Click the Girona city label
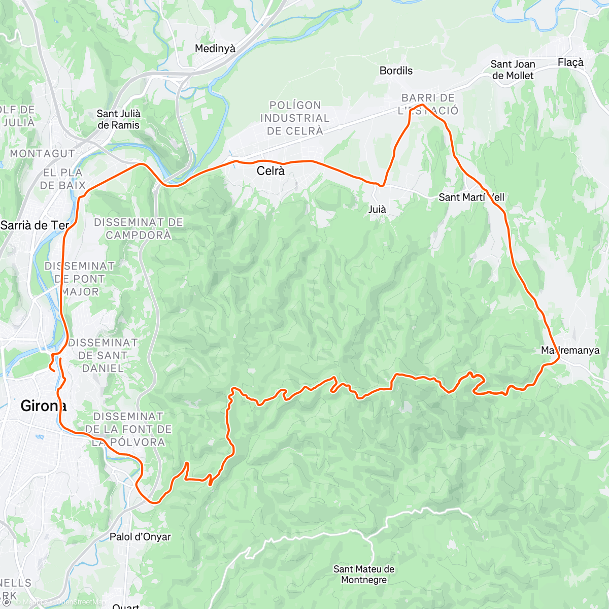click(43, 406)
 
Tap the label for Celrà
click(270, 171)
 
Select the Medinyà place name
click(215, 49)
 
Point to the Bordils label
click(396, 71)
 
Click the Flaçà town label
click(570, 62)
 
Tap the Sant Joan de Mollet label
click(513, 70)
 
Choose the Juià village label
click(377, 209)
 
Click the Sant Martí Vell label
click(471, 197)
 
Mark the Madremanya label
click(570, 350)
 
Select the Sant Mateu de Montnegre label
click(364, 574)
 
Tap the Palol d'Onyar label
click(140, 537)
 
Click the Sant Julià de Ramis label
click(118, 119)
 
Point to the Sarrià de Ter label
click(35, 225)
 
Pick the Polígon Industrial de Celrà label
click(295, 118)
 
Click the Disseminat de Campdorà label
click(139, 228)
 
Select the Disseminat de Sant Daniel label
click(103, 355)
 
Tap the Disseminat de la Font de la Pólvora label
click(128, 429)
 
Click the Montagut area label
click(42, 153)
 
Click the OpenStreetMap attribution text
click(81, 602)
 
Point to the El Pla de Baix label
click(63, 179)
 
